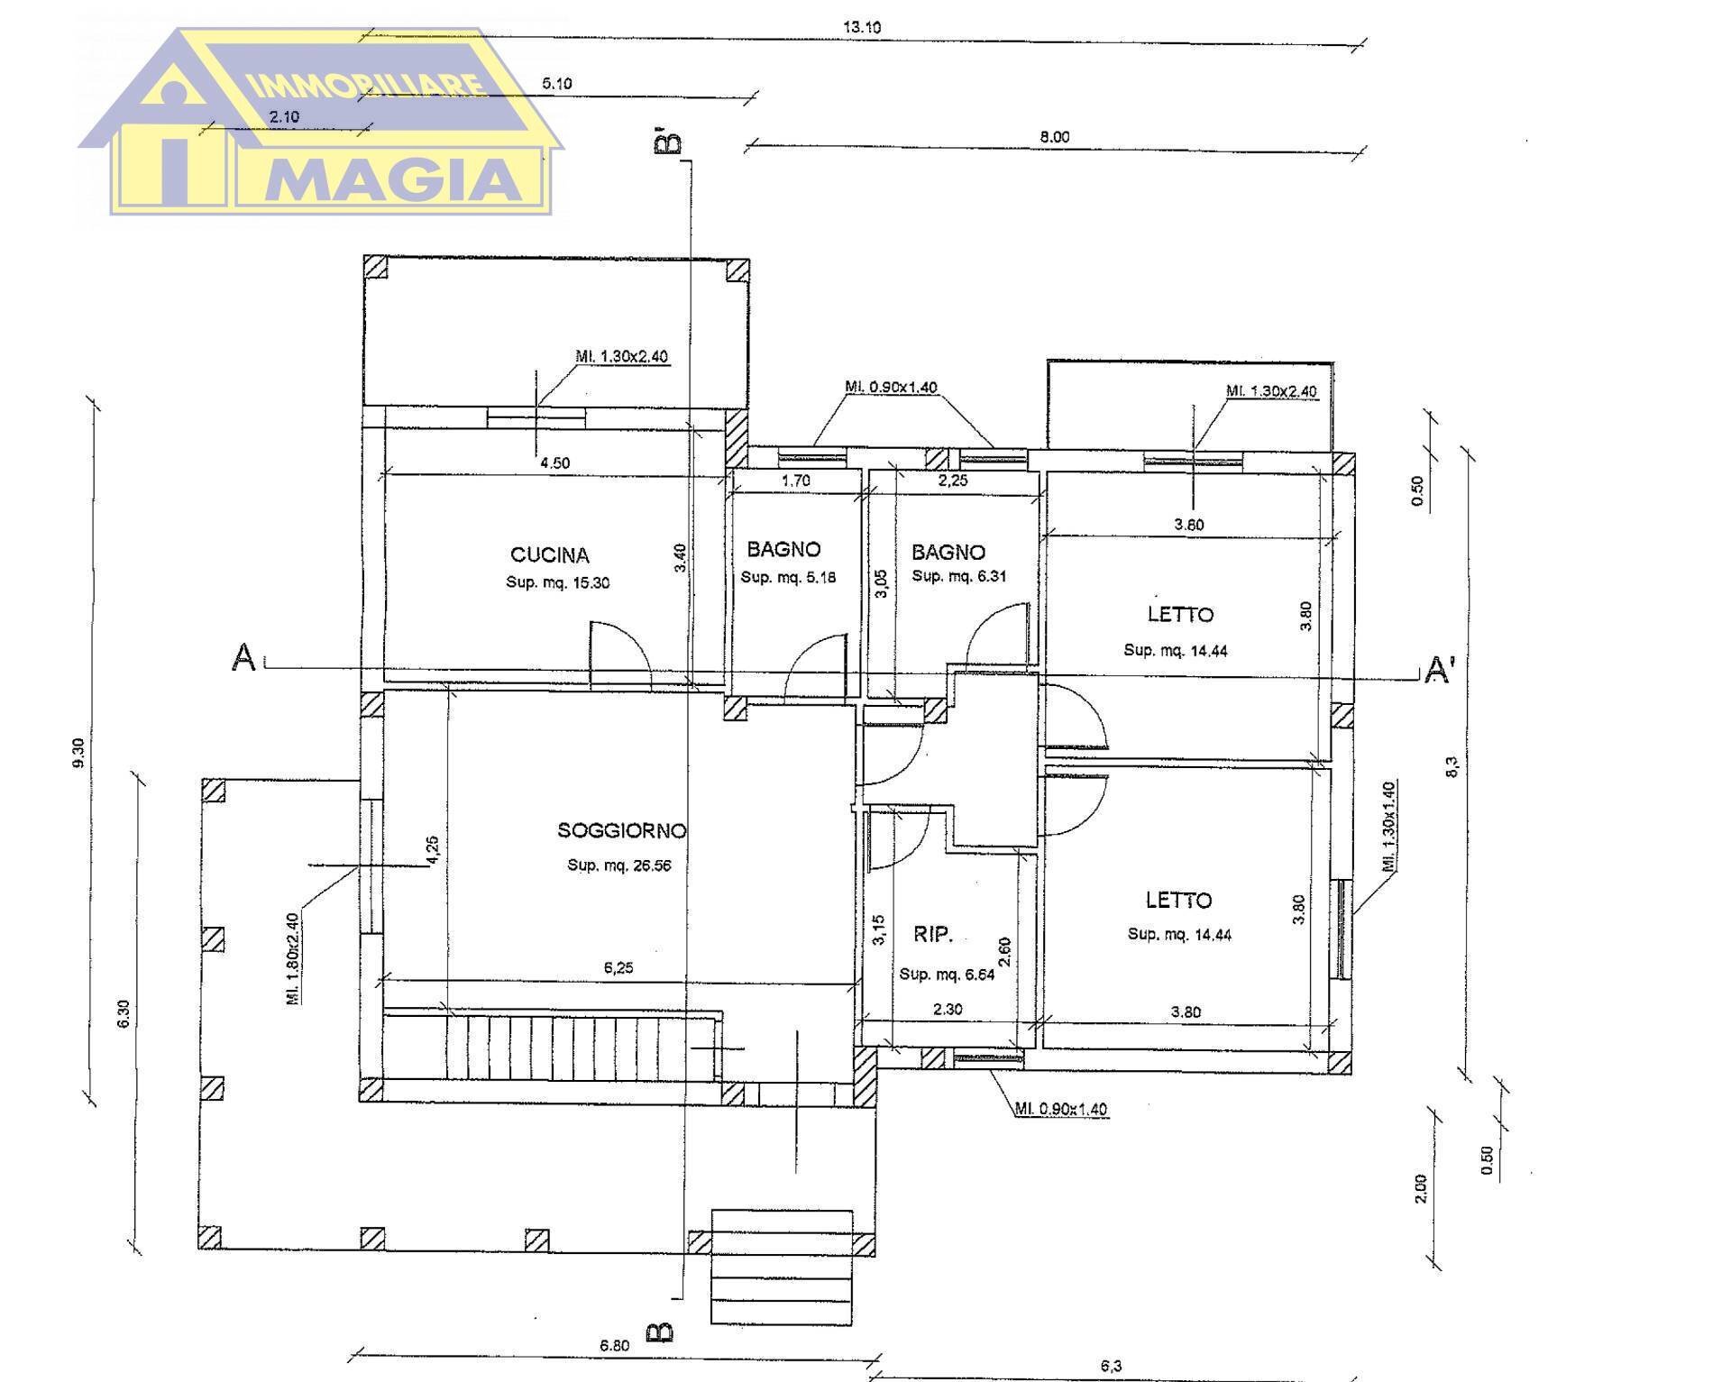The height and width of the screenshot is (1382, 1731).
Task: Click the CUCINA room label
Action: pos(549,555)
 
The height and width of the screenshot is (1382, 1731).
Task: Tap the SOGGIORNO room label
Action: pos(621,830)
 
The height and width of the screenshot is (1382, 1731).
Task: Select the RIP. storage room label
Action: pos(933,934)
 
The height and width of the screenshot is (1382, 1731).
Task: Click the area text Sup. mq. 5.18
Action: pos(788,577)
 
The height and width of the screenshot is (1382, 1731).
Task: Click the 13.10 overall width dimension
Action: pos(861,27)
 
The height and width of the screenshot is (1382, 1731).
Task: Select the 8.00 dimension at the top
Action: pos(1054,137)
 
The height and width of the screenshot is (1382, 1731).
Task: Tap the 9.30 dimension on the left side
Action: pos(78,753)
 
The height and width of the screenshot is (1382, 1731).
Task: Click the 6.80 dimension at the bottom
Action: pos(614,1346)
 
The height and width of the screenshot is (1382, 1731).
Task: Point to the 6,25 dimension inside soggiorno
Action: pos(618,968)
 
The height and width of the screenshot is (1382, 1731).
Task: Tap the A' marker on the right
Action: pos(1439,670)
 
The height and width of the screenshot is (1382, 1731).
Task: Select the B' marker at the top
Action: pos(668,143)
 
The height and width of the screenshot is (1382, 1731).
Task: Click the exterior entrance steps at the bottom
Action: pos(782,1267)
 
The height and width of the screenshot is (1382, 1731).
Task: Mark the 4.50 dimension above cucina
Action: pos(554,463)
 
